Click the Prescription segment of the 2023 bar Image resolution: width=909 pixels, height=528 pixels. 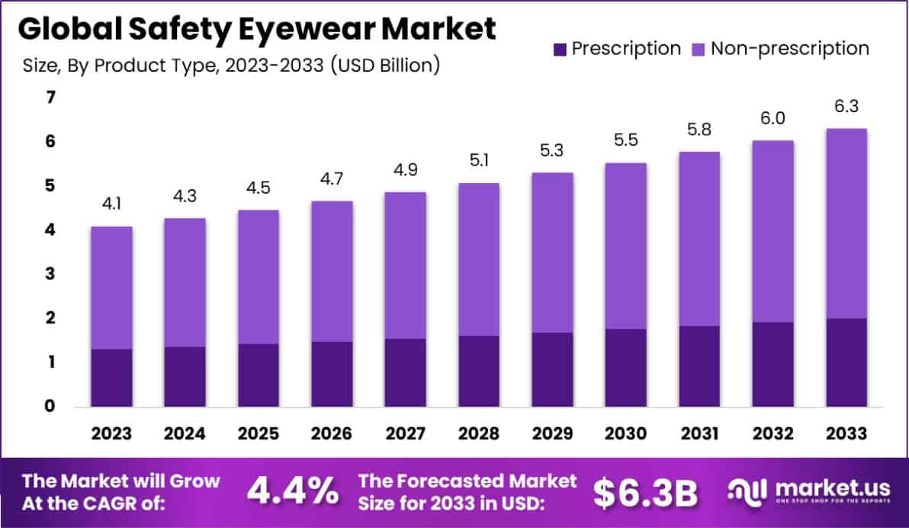111,378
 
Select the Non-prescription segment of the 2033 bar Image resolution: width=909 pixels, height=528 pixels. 846,223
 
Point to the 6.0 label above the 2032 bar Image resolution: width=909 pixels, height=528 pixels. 772,118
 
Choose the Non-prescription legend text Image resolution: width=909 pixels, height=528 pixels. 789,49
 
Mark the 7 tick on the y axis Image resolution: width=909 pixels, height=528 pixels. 50,98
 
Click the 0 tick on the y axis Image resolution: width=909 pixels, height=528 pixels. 50,406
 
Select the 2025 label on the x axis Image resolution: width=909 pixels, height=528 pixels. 258,433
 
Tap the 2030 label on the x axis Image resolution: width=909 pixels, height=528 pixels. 625,433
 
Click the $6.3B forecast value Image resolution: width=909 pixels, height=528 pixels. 645,493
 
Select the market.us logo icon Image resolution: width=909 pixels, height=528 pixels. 745,492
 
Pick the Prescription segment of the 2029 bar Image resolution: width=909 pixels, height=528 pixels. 552,369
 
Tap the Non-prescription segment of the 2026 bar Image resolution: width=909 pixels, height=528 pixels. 332,271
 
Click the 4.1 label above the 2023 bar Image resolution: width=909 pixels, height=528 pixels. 111,205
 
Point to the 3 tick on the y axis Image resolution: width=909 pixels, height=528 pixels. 50,274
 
